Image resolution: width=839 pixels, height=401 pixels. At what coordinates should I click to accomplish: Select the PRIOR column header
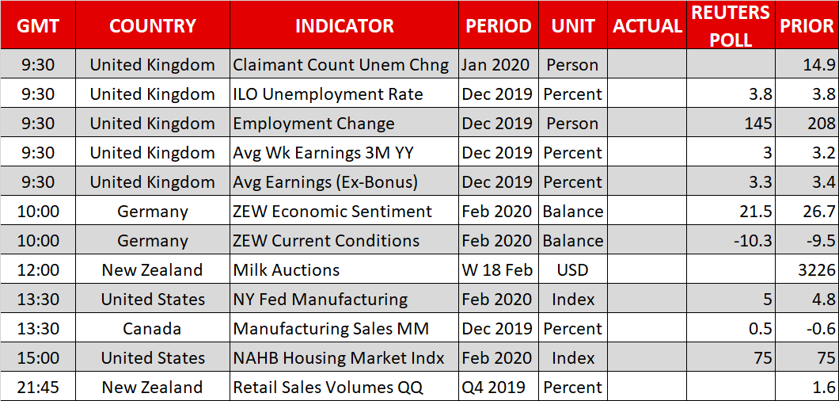[x=807, y=25]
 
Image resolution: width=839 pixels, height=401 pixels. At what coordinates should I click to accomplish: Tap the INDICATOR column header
[x=344, y=25]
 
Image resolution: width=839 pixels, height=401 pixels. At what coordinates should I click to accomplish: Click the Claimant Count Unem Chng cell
[x=341, y=65]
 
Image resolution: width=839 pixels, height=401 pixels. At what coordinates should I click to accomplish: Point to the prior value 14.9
[x=819, y=65]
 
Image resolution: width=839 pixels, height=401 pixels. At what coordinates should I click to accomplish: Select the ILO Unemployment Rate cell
[x=328, y=94]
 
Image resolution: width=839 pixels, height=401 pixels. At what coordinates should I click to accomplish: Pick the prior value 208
[x=819, y=124]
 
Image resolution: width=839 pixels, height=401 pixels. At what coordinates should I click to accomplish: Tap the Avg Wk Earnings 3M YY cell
[x=324, y=153]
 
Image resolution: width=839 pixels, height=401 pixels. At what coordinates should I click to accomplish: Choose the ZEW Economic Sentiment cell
[x=332, y=212]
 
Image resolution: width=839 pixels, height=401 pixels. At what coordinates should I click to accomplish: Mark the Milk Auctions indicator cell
[x=287, y=269]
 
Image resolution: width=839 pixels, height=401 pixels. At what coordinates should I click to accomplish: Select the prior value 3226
[x=816, y=269]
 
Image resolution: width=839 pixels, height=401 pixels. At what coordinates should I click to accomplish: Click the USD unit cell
[x=572, y=269]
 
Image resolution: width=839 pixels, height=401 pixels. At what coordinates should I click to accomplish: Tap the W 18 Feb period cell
[x=498, y=269]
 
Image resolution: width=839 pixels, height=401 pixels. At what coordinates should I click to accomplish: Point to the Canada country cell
[x=153, y=328]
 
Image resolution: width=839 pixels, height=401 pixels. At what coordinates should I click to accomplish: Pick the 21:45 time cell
[x=37, y=387]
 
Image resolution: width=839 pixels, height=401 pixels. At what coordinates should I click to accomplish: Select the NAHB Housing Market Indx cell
[x=339, y=357]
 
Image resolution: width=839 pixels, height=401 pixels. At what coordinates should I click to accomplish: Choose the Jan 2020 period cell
[x=495, y=65]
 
